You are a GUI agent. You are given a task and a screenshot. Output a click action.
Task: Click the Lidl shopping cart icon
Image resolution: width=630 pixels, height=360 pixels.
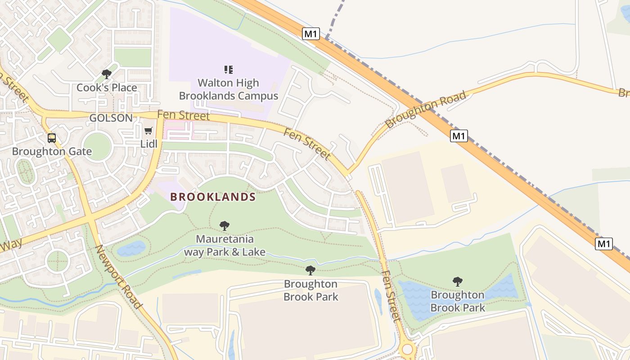coord(148,131)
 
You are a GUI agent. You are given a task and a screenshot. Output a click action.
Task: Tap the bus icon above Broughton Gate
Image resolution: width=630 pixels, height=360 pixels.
coord(52,138)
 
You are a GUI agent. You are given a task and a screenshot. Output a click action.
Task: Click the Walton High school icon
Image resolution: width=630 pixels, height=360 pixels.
coord(229,69)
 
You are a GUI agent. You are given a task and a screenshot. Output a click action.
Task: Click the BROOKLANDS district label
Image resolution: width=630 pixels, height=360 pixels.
coord(213,197)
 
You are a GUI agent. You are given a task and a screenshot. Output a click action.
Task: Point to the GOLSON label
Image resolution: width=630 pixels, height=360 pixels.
coord(111,118)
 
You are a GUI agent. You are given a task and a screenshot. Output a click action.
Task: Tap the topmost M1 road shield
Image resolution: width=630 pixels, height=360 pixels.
coord(310,34)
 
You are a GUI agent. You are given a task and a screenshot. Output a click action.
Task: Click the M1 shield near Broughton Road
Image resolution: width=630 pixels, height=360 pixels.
coord(459,136)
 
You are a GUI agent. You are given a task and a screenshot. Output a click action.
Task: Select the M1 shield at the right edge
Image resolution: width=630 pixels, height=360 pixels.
coord(603,244)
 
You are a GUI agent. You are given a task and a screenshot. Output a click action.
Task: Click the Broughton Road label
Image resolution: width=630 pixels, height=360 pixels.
coord(426,110)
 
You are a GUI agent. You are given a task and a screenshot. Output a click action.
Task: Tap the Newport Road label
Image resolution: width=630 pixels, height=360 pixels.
coord(119,277)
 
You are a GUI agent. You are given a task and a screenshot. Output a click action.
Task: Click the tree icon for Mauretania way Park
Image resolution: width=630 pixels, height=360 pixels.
coord(224,226)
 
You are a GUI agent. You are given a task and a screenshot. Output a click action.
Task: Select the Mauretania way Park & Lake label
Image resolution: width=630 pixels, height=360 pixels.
coord(225,245)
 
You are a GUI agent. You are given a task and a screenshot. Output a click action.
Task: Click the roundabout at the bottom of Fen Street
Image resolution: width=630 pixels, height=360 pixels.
coord(408,349)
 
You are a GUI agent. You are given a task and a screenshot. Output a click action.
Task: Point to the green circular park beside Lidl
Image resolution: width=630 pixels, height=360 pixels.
coord(97,146)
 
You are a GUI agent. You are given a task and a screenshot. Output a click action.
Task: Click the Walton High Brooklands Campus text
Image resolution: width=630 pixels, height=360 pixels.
coord(229,89)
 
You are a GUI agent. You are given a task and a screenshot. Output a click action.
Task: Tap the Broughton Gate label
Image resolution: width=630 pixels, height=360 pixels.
coord(52,152)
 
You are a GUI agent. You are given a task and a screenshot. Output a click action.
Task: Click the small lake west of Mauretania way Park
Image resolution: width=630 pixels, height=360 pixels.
coord(131,248)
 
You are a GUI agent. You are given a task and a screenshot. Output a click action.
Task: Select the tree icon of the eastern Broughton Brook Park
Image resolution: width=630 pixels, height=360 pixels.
coord(457,282)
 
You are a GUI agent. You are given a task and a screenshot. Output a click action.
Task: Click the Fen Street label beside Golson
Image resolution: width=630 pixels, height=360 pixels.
coord(184,115)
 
